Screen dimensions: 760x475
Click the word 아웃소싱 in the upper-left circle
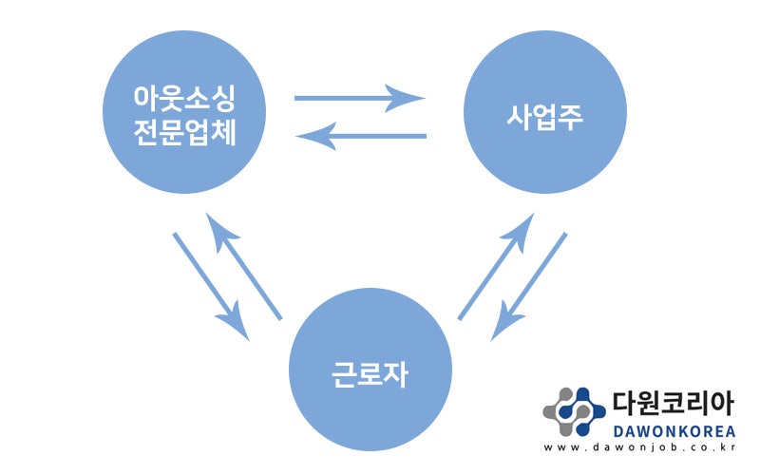(x=184, y=98)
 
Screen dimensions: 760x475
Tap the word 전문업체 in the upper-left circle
(x=184, y=132)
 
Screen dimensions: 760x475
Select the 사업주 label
(x=544, y=116)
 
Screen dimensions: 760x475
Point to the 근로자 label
(x=370, y=373)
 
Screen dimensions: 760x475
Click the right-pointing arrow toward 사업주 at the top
(x=360, y=98)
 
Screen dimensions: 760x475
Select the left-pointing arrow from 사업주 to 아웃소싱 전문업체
(x=361, y=136)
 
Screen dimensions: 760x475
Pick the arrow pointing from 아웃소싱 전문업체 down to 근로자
(x=211, y=287)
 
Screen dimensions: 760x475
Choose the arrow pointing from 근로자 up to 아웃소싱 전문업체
(x=243, y=266)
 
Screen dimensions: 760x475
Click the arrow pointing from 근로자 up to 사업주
(x=496, y=266)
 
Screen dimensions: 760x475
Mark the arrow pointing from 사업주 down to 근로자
(x=529, y=287)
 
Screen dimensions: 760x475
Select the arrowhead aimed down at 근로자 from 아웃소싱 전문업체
(x=234, y=321)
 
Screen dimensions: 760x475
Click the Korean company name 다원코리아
(x=674, y=403)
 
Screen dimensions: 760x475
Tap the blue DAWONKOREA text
(x=674, y=431)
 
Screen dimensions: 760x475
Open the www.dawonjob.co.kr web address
(x=639, y=447)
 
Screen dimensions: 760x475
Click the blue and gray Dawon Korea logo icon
(x=575, y=411)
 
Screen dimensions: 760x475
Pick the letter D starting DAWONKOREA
(x=618, y=431)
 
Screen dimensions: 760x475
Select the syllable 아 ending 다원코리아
(x=722, y=403)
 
